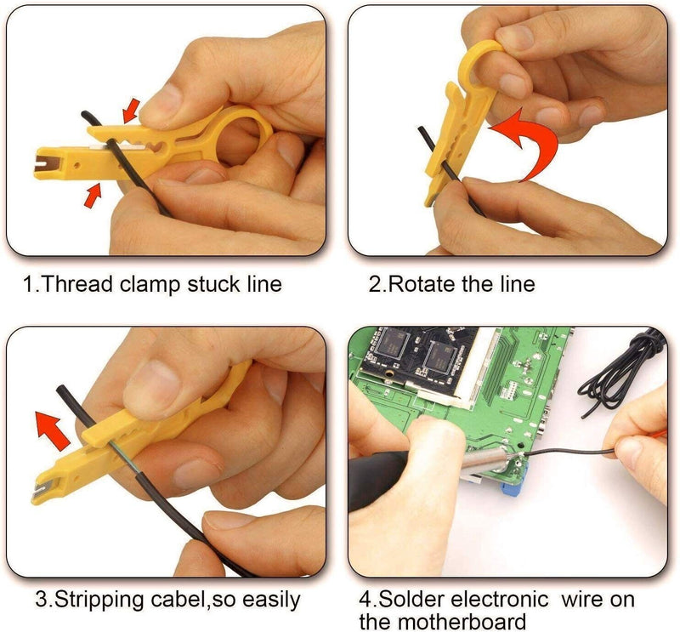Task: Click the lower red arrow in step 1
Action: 93,195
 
